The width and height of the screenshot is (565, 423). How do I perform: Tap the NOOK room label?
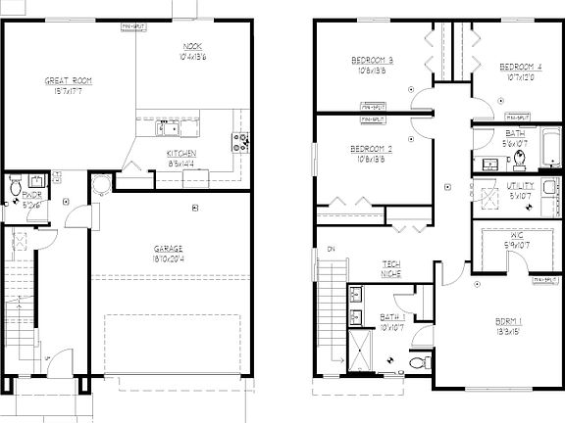[x=192, y=47]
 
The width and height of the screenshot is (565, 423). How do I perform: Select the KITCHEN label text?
[x=181, y=154]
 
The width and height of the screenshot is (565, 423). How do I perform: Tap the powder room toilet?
[x=16, y=186]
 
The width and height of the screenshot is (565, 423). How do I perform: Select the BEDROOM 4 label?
[x=520, y=67]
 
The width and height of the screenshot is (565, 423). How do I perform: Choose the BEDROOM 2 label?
[x=372, y=149]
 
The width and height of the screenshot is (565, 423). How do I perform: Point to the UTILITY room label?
[x=520, y=185]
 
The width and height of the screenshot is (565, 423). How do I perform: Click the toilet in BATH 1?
[x=419, y=362]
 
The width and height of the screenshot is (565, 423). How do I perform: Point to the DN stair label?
[x=331, y=249]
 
